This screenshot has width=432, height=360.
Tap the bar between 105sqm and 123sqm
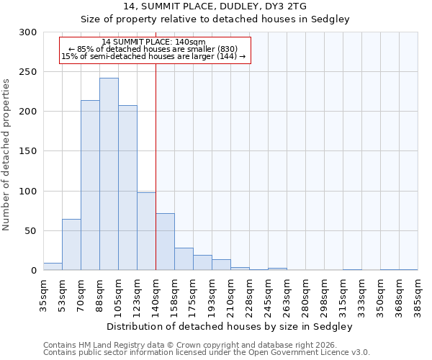127,188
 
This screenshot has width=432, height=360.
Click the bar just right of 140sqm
165,242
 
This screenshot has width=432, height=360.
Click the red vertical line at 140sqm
156,158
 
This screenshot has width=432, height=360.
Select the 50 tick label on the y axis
32,231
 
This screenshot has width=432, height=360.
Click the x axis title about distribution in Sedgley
230,326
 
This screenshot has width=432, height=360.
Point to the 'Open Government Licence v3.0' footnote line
207,353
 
